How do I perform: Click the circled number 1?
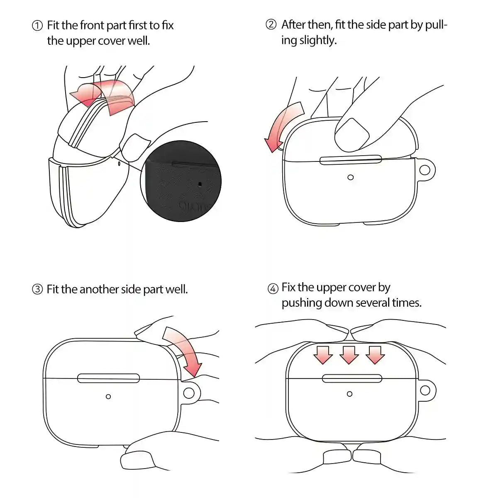[x=37, y=26]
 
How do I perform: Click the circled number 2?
[x=271, y=25]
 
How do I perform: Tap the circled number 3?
[x=37, y=289]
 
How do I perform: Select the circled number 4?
[x=273, y=288]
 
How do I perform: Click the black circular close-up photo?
[x=181, y=181]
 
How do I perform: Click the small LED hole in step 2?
[x=350, y=177]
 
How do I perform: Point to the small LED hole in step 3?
[x=108, y=396]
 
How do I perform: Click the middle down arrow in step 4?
[x=349, y=355]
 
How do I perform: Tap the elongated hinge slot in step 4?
[x=352, y=378]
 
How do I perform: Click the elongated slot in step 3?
[x=109, y=378]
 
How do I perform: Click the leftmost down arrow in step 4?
[x=323, y=355]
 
